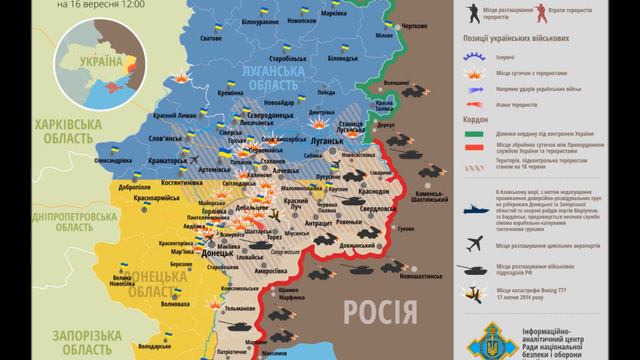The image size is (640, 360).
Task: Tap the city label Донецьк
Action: tap(219, 254)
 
